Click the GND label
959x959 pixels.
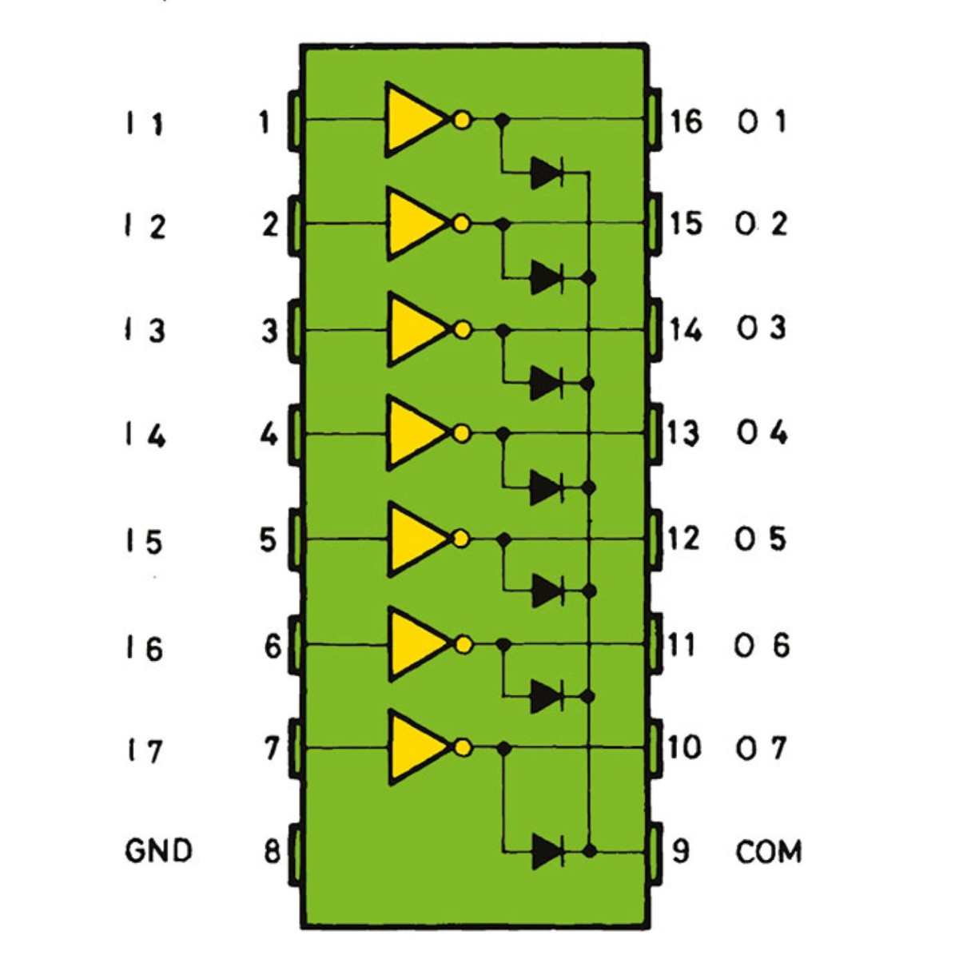coord(158,850)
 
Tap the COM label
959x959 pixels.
coord(768,852)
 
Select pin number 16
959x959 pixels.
coord(685,121)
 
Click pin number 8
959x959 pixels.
coord(273,851)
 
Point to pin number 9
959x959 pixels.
coord(680,851)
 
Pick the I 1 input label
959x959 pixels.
coord(145,124)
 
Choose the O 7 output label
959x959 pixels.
coord(761,748)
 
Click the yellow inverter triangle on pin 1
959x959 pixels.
coord(413,120)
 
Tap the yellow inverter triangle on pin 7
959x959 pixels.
coord(416,747)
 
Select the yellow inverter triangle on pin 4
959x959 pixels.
coord(416,433)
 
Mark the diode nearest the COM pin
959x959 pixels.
coord(548,850)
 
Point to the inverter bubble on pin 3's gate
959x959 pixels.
coord(461,329)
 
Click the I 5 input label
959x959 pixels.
coord(144,542)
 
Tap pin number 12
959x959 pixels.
coord(683,539)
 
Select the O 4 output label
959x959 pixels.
coord(762,433)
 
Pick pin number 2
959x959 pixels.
coord(270,225)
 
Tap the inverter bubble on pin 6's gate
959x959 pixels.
coord(462,643)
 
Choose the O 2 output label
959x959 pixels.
coord(762,224)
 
